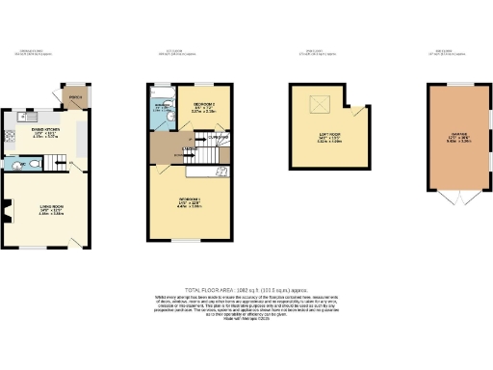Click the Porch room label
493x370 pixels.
[75, 98]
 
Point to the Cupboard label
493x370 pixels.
[220, 137]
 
